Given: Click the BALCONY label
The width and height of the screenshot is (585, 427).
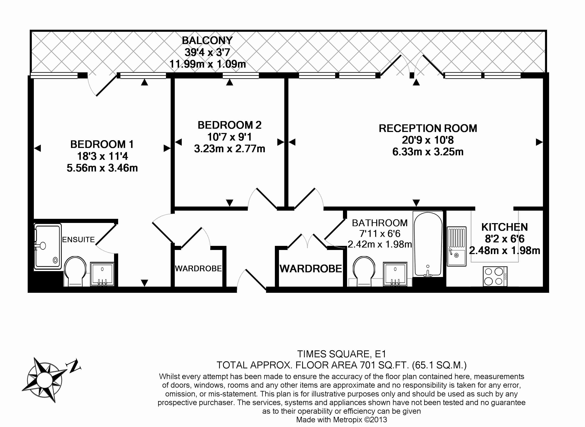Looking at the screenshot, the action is [207, 40].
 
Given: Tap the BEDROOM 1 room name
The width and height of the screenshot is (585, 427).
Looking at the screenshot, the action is [102, 144].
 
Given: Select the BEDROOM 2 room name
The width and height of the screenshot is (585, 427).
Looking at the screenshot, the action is [230, 125].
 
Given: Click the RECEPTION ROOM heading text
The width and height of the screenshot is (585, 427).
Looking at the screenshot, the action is [428, 128].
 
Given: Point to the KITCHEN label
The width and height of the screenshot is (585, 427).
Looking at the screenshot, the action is [504, 227].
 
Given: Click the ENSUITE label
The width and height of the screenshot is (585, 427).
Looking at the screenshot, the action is [78, 240].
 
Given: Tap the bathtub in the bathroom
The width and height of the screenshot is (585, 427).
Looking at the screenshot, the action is [428, 244].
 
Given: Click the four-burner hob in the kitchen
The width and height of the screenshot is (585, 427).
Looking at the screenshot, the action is [495, 276].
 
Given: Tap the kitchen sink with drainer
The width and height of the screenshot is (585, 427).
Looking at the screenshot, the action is [456, 246].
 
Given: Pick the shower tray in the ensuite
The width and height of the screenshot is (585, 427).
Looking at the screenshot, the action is [48, 246].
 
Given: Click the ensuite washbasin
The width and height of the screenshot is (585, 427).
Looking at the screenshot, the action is [102, 274].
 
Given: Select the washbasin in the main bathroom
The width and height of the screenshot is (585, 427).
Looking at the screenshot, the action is [395, 274].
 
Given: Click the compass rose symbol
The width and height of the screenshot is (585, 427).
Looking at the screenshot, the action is [45, 380].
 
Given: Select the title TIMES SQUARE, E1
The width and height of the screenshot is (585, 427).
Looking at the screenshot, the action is [341, 354].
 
